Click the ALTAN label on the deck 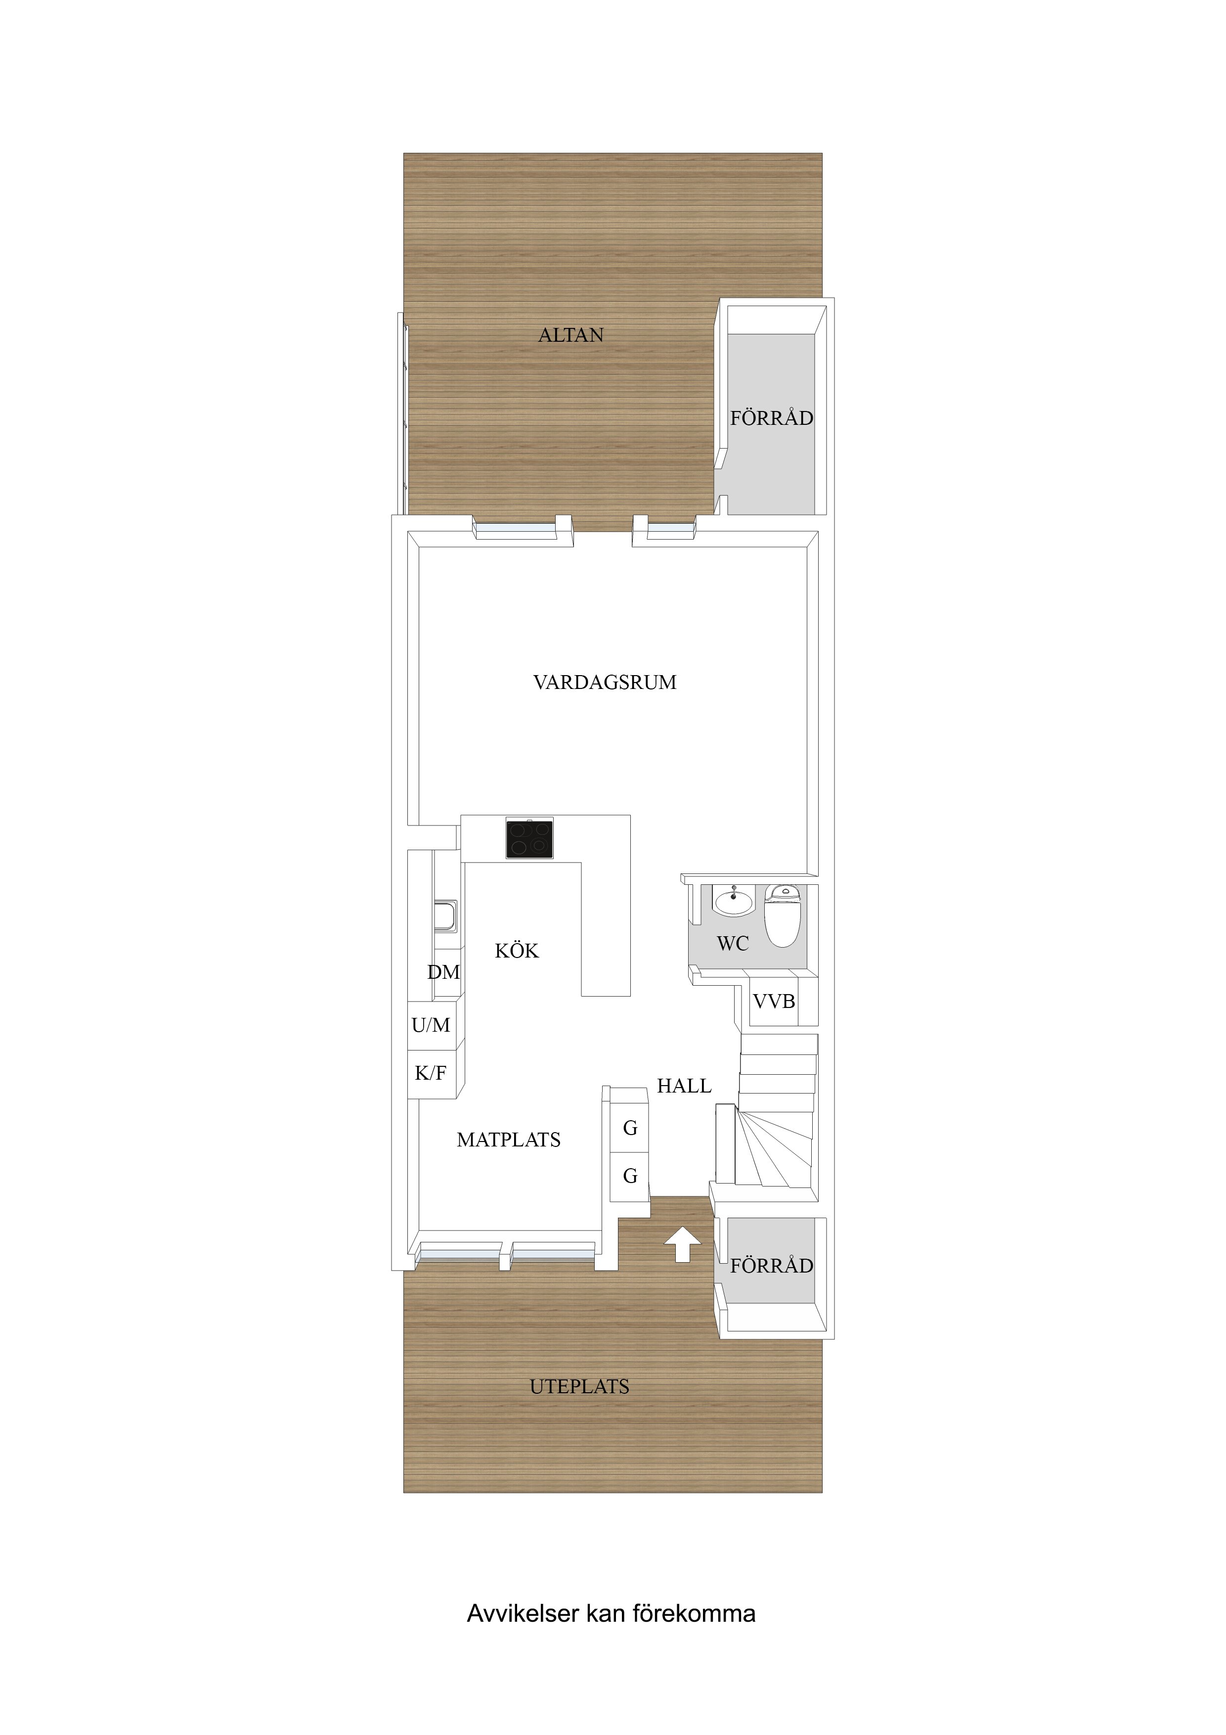click(x=570, y=335)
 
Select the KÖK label click(x=517, y=950)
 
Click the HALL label click(x=684, y=1086)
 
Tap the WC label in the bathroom click(x=733, y=943)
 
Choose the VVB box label click(x=774, y=1001)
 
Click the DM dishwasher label click(x=443, y=972)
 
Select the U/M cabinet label click(x=431, y=1025)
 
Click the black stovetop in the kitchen click(x=529, y=838)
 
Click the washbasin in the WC click(x=734, y=901)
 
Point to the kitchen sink click(x=446, y=916)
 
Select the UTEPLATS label click(x=579, y=1387)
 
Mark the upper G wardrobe click(x=629, y=1128)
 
